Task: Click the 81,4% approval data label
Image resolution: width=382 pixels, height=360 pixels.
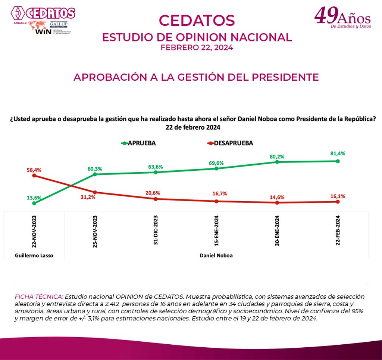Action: pyautogui.click(x=338, y=153)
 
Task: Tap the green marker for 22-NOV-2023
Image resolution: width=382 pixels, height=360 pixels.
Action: pyautogui.click(x=34, y=203)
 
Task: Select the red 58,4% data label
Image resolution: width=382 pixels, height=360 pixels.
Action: pyautogui.click(x=34, y=170)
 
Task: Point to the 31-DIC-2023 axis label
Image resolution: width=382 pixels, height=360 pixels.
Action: pyautogui.click(x=156, y=230)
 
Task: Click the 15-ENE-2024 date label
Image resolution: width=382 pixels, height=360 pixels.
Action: pyautogui.click(x=217, y=230)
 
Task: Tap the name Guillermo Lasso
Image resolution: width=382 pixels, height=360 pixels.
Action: pyautogui.click(x=34, y=255)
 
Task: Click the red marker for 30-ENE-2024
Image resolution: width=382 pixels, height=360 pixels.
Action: pyautogui.click(x=277, y=203)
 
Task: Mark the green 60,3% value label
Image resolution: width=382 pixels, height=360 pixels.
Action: pyautogui.click(x=95, y=168)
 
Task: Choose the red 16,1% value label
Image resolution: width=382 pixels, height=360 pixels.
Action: pyautogui.click(x=338, y=195)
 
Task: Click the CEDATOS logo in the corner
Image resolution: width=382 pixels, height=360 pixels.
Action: pyautogui.click(x=43, y=13)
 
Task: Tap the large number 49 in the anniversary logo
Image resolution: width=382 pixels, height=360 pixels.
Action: pyautogui.click(x=326, y=16)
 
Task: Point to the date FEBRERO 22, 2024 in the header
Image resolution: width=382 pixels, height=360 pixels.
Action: pyautogui.click(x=197, y=48)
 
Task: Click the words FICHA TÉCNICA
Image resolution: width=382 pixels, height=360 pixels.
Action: pyautogui.click(x=39, y=296)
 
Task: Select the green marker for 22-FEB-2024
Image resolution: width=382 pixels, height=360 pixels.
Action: pyautogui.click(x=338, y=161)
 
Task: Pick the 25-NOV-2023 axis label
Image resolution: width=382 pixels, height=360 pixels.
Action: pyautogui.click(x=95, y=230)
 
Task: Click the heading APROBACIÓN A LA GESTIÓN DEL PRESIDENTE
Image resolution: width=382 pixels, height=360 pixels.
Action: pyautogui.click(x=196, y=77)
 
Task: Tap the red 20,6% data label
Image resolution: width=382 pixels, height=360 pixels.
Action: pyautogui.click(x=156, y=193)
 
